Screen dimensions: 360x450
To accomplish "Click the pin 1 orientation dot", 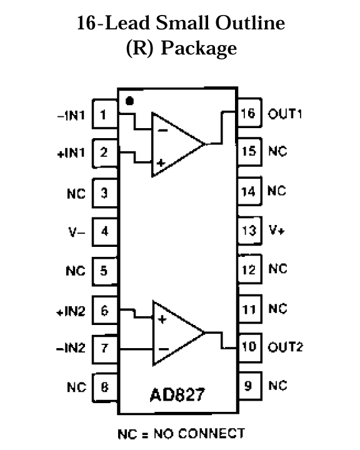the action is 129,101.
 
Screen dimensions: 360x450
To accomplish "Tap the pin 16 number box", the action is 249,112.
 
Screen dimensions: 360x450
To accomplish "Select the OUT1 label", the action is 285,114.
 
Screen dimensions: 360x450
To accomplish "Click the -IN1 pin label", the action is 71,116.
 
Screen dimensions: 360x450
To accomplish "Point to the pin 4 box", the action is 105,232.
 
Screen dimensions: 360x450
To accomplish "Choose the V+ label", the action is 276,230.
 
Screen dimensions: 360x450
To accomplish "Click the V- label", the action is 77,232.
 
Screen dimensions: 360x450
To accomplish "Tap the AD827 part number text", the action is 177,394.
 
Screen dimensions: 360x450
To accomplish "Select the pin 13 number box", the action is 249,231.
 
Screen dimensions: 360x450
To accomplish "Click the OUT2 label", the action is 286,347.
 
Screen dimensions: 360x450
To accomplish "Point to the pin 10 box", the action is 249,347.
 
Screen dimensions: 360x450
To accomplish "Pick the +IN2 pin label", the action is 71,311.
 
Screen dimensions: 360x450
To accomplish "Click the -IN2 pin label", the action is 71,348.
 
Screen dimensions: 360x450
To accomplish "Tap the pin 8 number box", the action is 105,387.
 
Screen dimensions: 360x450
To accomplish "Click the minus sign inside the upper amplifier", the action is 162,131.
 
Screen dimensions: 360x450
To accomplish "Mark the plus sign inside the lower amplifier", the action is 162,319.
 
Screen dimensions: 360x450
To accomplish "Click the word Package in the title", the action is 199,48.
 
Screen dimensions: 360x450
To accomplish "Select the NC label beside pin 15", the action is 277,151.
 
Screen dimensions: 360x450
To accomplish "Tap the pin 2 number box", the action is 105,153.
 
